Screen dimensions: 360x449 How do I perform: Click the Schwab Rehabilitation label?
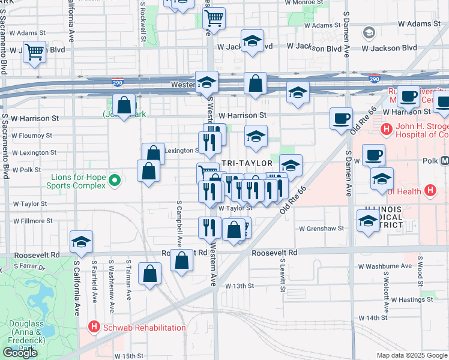point(143,327)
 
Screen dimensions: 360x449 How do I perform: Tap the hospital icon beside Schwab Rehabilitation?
point(94,327)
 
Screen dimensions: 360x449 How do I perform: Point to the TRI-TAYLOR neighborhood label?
point(247,163)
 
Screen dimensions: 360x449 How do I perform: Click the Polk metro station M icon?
point(445,161)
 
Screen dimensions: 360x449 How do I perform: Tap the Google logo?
point(20,352)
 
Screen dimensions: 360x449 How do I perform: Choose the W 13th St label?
point(240,286)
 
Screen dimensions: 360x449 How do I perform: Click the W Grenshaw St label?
point(322,228)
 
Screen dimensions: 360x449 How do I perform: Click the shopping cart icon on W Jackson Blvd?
point(34,52)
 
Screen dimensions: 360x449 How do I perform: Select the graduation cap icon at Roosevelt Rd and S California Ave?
point(81,242)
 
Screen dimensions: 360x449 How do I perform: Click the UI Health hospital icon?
point(430,191)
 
